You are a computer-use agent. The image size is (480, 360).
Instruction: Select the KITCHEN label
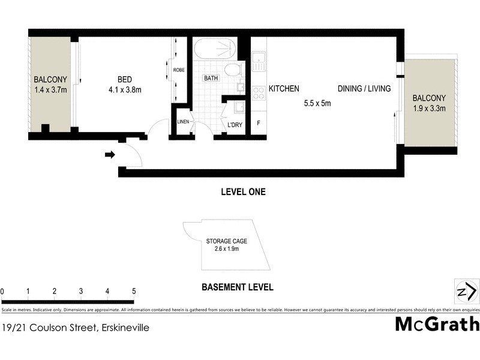pos(284,89)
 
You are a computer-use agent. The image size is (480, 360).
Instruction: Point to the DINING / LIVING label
pos(364,89)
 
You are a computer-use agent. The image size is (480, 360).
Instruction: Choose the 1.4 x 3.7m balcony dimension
pos(50,91)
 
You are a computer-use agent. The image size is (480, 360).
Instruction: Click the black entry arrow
pos(110,155)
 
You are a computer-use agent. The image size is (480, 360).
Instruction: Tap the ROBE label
pos(179,70)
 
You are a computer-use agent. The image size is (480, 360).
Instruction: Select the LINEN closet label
pos(183,122)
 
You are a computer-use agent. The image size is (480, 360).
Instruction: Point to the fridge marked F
pos(259,123)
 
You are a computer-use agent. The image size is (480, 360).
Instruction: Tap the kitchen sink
pos(259,59)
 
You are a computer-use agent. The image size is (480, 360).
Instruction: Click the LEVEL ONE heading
pos(243,193)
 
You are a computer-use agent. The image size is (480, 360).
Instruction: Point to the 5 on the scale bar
pos(133,292)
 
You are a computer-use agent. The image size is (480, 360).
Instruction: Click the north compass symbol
pos(466,292)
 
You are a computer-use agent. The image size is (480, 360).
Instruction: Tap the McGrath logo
pos(437,324)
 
